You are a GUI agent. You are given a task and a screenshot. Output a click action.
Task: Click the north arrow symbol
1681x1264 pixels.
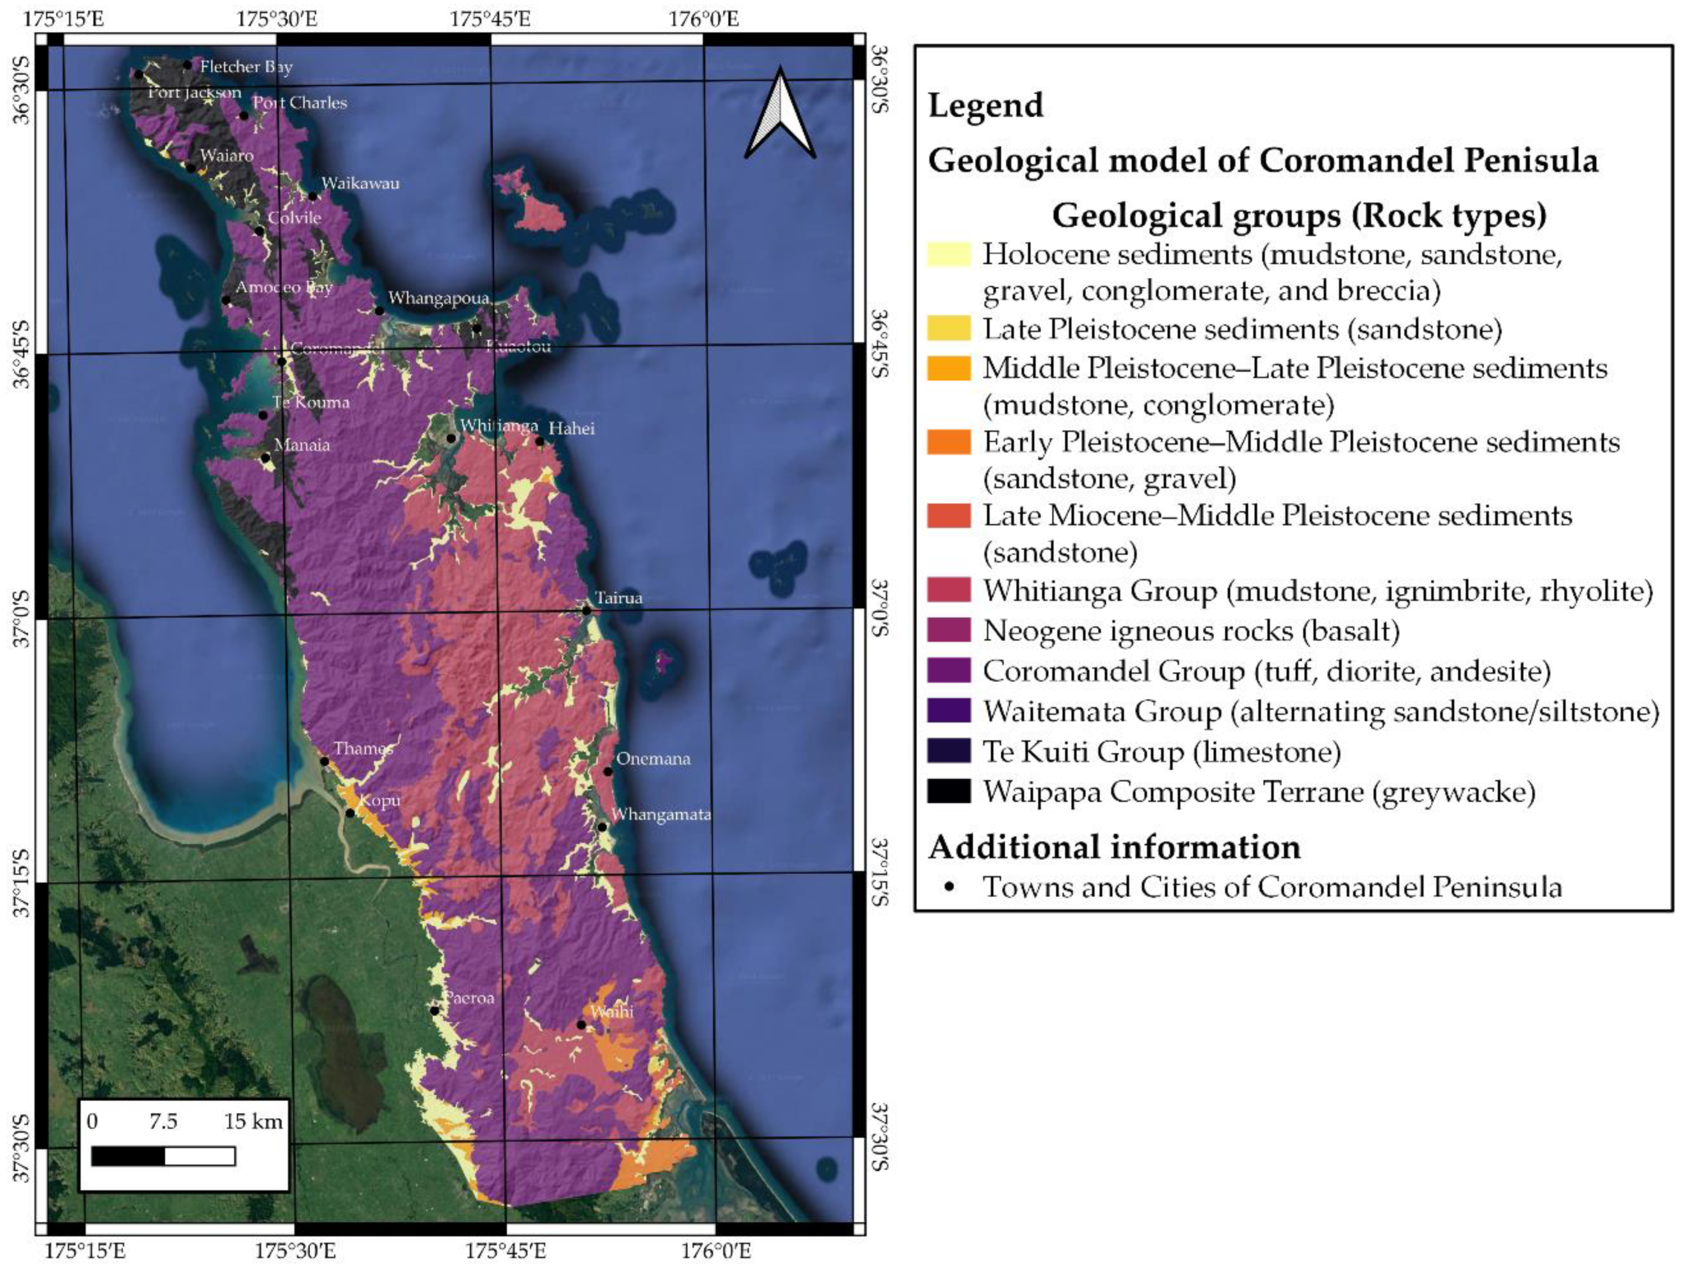[781, 114]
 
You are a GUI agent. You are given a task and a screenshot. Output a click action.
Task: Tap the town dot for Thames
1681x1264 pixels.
[324, 761]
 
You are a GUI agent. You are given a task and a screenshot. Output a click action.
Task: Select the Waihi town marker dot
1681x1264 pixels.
[581, 1025]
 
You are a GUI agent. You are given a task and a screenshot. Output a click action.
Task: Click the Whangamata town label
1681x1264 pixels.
[661, 814]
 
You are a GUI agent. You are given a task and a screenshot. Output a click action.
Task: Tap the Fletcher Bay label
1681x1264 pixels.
[246, 67]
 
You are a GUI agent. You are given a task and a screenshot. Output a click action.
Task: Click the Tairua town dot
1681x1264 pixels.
[587, 610]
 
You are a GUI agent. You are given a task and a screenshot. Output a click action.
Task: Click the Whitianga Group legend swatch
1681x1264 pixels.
[948, 590]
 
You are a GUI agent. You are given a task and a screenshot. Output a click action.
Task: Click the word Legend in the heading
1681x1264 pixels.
[985, 105]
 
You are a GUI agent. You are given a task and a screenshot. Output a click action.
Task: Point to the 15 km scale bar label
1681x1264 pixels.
[253, 1121]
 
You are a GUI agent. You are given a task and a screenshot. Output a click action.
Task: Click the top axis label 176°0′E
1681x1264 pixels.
[703, 18]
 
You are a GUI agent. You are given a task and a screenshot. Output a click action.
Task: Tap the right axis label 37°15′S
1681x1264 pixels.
[879, 873]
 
